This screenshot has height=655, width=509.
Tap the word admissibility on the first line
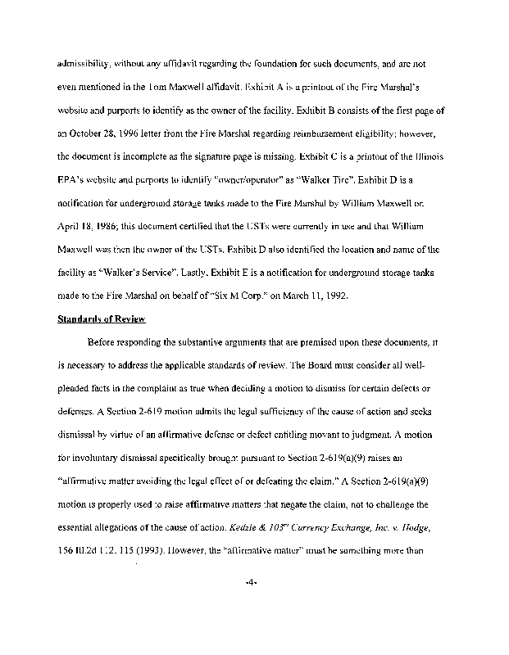(x=84, y=62)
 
